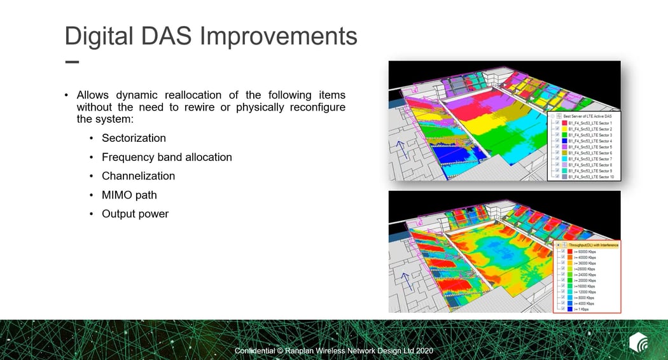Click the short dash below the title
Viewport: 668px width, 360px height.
pos(72,62)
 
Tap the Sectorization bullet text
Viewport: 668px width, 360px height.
pos(134,138)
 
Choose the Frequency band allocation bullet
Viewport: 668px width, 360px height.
pos(167,157)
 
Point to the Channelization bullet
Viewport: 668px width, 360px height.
pos(138,176)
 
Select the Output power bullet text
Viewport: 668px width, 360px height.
pos(135,214)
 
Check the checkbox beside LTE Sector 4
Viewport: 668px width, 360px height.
pos(557,141)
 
